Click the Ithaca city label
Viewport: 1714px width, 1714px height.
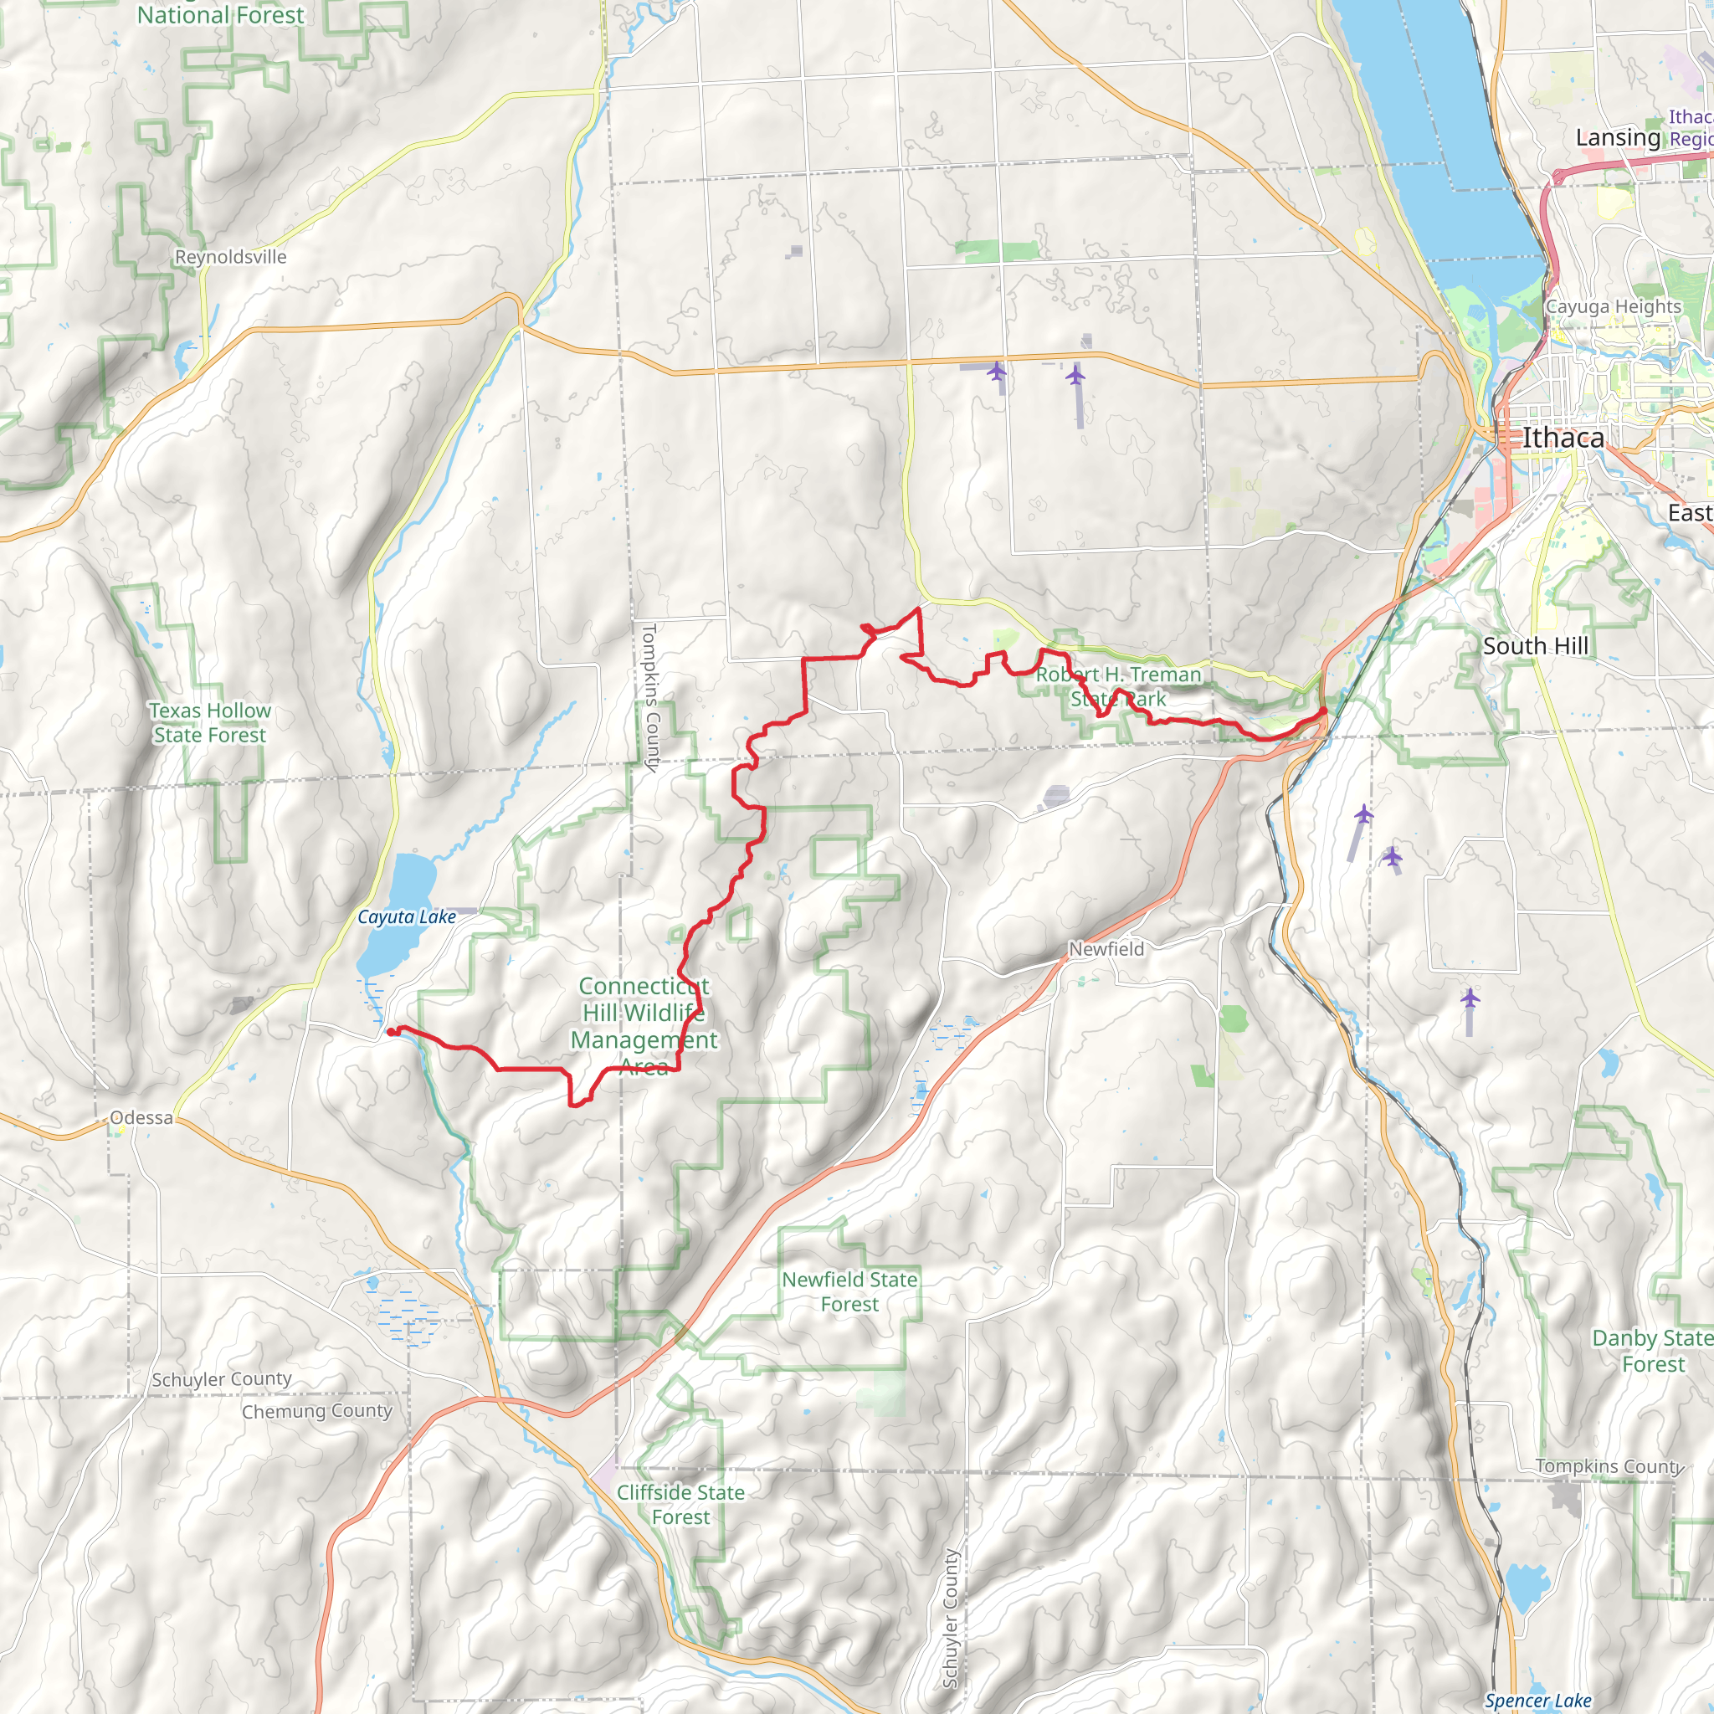click(1563, 439)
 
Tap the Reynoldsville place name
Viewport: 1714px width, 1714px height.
click(231, 257)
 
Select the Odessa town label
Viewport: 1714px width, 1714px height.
click(142, 1118)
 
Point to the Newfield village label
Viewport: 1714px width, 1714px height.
click(1106, 949)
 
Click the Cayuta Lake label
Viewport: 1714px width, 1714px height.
click(406, 917)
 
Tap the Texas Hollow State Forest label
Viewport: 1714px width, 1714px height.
click(210, 723)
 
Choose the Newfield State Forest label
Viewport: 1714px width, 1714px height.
click(850, 1291)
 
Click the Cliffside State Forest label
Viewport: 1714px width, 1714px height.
click(680, 1505)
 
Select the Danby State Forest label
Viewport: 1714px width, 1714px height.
click(1652, 1351)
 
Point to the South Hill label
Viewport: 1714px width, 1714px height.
click(1536, 646)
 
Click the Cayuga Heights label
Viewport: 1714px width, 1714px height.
click(1614, 307)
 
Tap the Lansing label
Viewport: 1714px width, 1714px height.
click(1619, 137)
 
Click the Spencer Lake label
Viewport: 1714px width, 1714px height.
click(1538, 1701)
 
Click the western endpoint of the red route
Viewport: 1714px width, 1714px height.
click(391, 1032)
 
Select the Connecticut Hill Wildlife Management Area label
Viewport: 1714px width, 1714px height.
click(644, 1025)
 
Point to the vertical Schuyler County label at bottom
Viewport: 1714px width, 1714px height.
click(950, 1619)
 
